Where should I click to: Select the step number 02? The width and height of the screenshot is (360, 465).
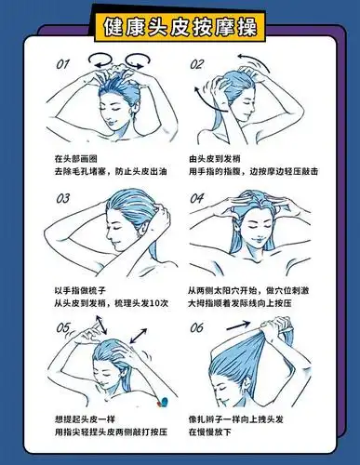[x=197, y=65]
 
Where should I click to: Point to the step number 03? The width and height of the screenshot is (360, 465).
[x=64, y=197]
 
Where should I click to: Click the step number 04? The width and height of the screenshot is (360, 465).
[x=197, y=198]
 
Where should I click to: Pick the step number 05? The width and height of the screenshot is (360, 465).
[x=64, y=327]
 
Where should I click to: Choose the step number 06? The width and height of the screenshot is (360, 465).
[x=197, y=328]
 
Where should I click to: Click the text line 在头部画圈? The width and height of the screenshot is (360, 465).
[x=76, y=159]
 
